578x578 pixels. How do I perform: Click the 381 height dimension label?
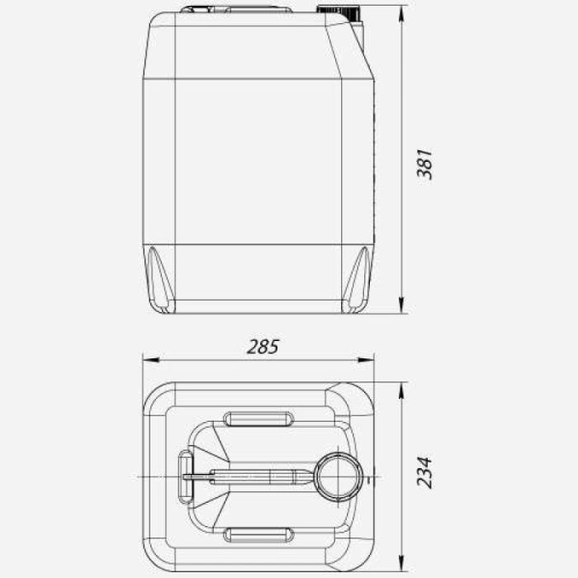coord(424,164)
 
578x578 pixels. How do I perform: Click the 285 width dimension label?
coord(263,347)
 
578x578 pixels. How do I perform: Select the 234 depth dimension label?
coord(424,472)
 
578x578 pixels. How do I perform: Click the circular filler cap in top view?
coord(339,477)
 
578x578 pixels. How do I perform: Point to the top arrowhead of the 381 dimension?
coord(402,14)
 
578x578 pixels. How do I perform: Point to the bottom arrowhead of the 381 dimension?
coord(402,306)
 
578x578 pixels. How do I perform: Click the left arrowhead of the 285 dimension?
coord(151,359)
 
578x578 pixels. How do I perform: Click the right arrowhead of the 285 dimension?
coord(366,359)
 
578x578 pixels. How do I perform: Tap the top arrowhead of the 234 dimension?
coord(402,391)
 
